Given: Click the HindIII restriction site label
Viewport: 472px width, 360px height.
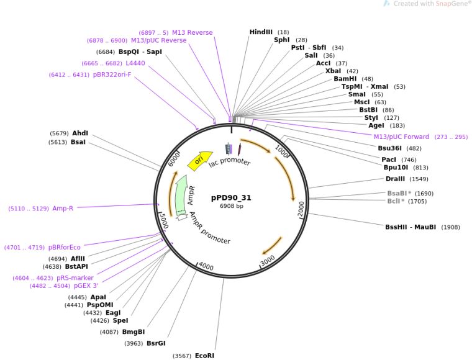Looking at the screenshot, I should (x=261, y=32).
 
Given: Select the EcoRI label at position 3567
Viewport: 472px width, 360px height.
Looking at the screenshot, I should (x=204, y=356).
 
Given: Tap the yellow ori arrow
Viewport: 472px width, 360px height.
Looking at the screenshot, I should (x=199, y=160).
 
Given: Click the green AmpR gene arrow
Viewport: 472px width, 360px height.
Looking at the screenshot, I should (x=181, y=194).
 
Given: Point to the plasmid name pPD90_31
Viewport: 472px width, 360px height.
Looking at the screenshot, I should (x=231, y=197).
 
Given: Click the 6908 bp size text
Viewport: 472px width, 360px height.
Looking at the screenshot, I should (x=231, y=206).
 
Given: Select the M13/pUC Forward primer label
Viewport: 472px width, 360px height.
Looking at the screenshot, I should (x=401, y=137).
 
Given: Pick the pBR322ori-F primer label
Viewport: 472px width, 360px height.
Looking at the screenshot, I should (x=112, y=75).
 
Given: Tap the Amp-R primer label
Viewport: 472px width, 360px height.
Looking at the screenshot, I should (x=63, y=209).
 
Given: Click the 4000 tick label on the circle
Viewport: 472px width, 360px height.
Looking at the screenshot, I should (x=206, y=268).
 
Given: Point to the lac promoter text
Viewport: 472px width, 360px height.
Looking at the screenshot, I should (x=229, y=163).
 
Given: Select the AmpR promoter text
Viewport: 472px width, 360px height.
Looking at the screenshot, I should (x=210, y=228).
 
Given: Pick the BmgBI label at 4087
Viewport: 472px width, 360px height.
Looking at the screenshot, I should (x=133, y=332).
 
